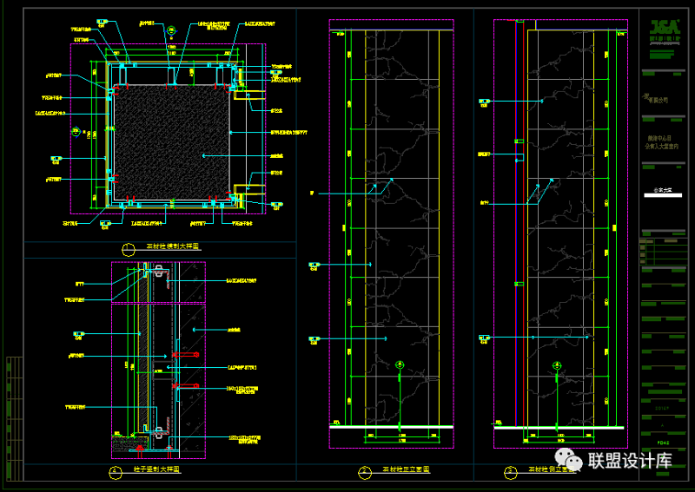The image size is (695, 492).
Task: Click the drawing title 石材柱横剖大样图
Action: (x=174, y=248)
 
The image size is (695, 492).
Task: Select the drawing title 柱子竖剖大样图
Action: (x=156, y=469)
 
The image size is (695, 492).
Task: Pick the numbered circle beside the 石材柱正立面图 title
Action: (x=362, y=472)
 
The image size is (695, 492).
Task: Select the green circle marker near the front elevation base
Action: (x=399, y=365)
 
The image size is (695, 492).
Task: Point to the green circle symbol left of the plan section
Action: (x=76, y=134)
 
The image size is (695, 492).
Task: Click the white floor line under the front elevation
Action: (x=391, y=427)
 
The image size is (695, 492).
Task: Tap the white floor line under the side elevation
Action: (x=559, y=427)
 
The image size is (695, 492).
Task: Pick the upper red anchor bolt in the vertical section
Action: (x=184, y=356)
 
